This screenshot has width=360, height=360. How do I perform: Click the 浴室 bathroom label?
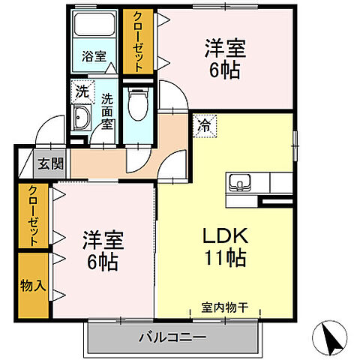point(94,55)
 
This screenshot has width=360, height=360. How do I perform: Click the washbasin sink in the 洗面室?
point(80,116)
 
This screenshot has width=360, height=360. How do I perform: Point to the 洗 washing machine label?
point(80,92)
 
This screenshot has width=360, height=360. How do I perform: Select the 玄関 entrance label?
point(50,163)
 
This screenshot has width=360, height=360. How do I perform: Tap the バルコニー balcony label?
point(172,337)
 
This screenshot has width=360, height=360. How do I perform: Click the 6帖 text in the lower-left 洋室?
point(103,263)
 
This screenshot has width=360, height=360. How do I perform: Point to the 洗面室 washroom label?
point(107,111)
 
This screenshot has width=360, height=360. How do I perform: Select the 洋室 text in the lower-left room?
point(103,241)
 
